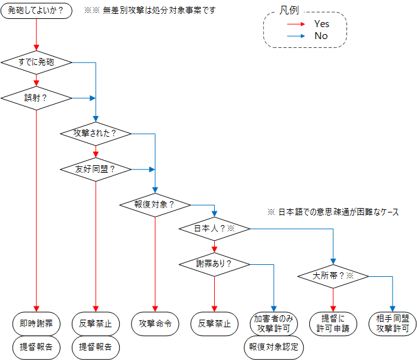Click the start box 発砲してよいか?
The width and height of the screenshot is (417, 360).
point(36,11)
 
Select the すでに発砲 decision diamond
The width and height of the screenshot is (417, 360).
point(36,62)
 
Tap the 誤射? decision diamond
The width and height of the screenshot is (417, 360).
point(36,98)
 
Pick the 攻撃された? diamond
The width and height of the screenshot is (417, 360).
point(95,134)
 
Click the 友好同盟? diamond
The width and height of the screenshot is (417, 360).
point(95,169)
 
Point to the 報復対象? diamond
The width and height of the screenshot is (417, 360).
point(154,204)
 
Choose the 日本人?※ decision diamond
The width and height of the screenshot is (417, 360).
point(214,228)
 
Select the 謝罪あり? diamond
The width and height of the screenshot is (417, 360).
point(214,264)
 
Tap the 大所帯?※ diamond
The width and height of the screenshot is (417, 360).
point(333,276)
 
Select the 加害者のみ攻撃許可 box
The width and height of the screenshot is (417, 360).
point(274,323)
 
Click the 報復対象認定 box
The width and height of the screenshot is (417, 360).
point(274,347)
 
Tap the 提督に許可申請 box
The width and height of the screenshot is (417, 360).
point(333,323)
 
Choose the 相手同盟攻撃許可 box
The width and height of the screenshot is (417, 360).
point(392,323)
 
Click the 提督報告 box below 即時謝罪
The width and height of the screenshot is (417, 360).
point(36,347)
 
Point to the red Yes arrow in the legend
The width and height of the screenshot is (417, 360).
point(297,24)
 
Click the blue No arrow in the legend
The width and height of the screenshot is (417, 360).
point(297,36)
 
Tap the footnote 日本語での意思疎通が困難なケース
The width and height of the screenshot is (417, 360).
point(338,212)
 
